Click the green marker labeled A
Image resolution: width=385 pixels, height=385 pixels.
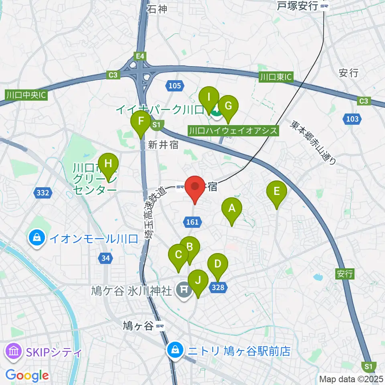click(x=231, y=209)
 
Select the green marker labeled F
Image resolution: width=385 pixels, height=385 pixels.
click(x=141, y=122)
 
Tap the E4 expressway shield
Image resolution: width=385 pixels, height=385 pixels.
click(x=140, y=57)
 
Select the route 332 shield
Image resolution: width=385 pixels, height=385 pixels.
click(x=43, y=193)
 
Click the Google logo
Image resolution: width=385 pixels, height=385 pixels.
click(x=27, y=375)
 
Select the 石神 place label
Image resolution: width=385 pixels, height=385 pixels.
click(x=157, y=8)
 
